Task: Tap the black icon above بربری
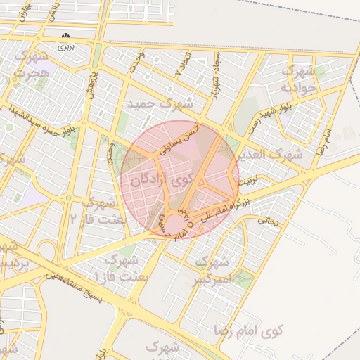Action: pyautogui.click(x=66, y=35)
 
